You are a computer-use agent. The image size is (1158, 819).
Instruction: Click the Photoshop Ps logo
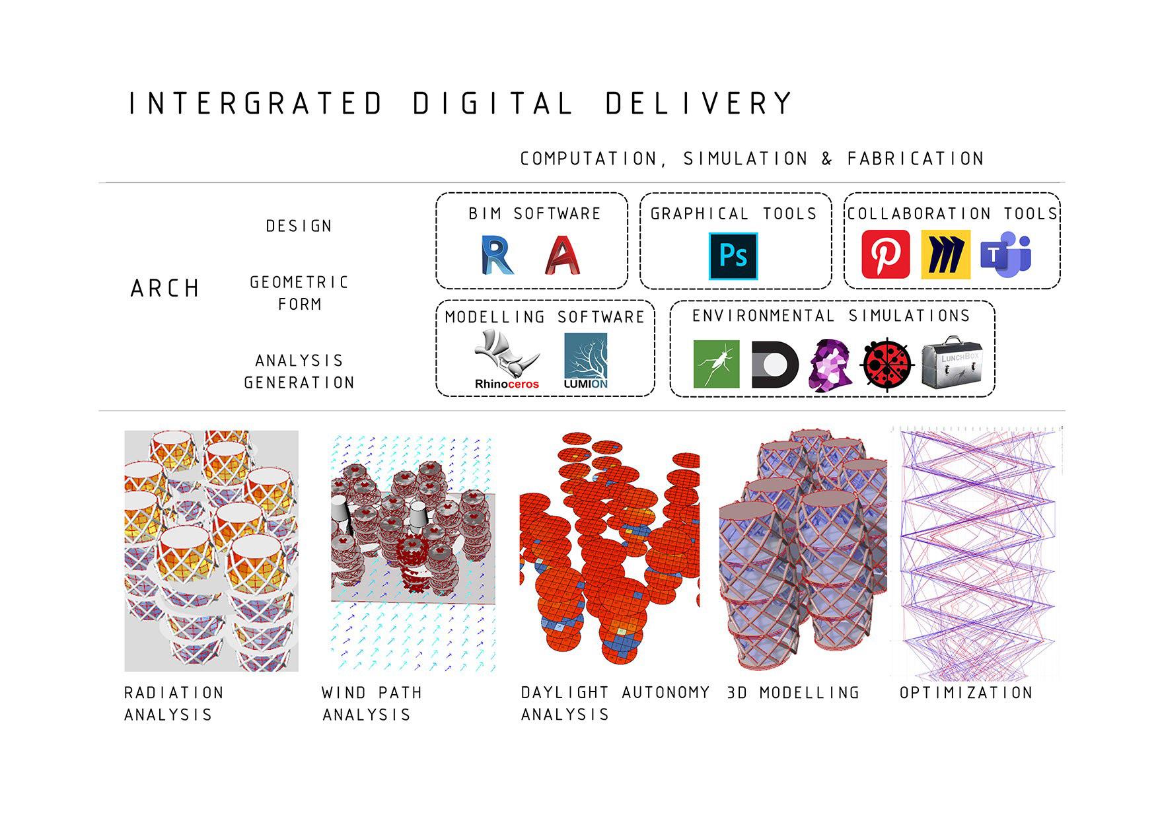tap(733, 256)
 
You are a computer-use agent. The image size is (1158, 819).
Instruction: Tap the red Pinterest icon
tap(885, 254)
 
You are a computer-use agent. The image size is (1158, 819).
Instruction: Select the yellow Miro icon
tap(945, 254)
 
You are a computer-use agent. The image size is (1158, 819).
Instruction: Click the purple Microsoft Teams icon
tap(1005, 254)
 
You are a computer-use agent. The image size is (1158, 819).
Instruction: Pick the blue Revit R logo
tap(497, 255)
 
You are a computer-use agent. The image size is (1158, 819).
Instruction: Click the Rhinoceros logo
tap(507, 360)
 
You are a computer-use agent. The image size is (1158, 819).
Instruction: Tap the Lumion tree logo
tap(585, 361)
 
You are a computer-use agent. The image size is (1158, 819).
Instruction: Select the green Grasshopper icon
tap(716, 364)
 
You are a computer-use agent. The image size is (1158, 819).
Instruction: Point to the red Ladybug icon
tap(887, 364)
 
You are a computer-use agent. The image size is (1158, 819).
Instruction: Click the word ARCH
tap(165, 289)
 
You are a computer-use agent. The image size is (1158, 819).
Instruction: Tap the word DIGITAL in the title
tap(493, 103)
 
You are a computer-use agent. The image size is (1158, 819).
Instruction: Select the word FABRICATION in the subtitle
tap(916, 159)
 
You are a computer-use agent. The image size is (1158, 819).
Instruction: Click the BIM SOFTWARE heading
tap(534, 213)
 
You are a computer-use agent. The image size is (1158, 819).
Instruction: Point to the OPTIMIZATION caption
tap(966, 693)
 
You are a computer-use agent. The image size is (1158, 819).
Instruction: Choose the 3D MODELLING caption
tap(793, 693)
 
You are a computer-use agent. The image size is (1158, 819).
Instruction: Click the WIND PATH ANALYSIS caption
tap(372, 703)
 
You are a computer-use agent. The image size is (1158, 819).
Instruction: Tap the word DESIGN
tap(299, 226)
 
